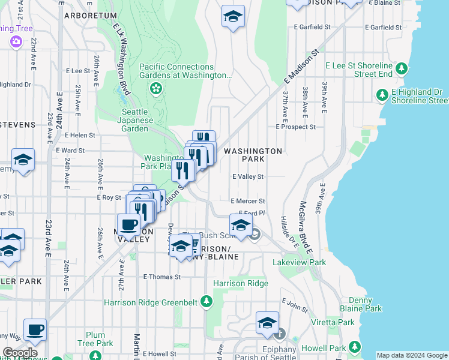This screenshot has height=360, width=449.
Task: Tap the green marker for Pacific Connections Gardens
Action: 156,89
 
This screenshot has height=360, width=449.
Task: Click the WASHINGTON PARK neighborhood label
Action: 253,155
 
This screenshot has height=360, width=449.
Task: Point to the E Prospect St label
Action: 295,127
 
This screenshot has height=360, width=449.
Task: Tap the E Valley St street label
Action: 248,177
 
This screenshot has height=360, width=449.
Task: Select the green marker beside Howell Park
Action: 355,347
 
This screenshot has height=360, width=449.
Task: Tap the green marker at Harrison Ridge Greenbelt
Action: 206,301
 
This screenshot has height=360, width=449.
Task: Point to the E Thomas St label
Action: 161,277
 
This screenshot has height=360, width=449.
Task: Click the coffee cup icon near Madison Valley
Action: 129,224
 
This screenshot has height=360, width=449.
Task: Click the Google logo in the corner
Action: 19,353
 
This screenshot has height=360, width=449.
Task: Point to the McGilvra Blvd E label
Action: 309,222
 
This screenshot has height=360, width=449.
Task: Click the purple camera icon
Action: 16,42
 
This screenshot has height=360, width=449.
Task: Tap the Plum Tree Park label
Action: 95,339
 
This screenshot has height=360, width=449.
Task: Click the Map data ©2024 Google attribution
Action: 412,355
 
